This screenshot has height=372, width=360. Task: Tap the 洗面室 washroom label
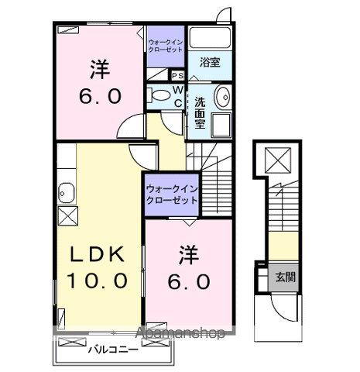pos(199,112)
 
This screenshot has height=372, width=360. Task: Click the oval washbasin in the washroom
pos(221,98)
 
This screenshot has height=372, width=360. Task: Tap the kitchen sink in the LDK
pos(66,193)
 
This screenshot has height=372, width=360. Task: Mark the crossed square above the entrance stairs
pos(277,160)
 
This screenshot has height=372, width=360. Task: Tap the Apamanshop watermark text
pos(183,333)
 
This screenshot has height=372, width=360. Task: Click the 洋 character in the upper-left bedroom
pos(100,68)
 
